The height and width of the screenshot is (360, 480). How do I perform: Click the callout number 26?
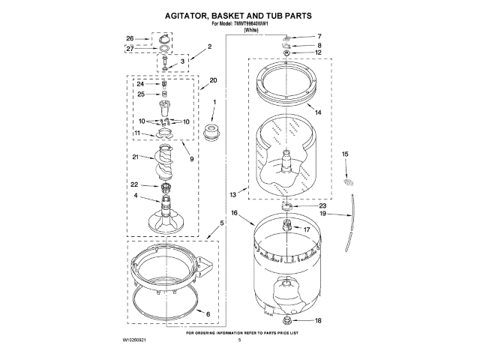click(x=130, y=38)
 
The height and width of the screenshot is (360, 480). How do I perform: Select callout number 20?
click(x=213, y=80)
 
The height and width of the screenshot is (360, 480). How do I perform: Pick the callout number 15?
click(x=345, y=154)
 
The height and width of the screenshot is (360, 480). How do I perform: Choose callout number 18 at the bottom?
click(x=318, y=320)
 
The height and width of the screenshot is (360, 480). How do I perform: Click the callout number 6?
click(x=208, y=313)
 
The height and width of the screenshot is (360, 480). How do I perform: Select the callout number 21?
click(x=136, y=157)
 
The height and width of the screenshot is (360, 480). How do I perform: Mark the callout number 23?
click(x=323, y=205)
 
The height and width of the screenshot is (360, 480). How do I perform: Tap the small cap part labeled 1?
click(x=213, y=133)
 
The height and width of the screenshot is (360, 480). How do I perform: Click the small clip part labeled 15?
click(x=347, y=181)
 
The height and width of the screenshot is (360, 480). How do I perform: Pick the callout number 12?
click(x=318, y=52)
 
